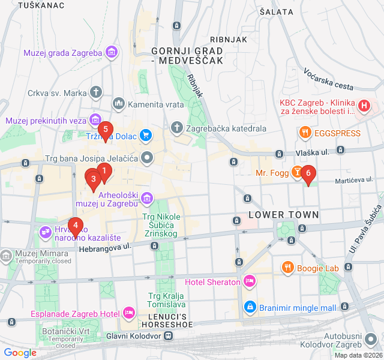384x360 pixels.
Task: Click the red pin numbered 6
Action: pos(308,174)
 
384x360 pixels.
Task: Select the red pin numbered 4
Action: pos(75,226)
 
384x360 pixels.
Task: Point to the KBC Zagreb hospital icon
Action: pos(364,107)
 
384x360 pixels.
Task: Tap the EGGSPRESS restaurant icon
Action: pos(305,133)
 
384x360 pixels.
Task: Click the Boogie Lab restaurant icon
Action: pos(288,267)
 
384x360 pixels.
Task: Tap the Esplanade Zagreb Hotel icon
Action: pos(128,313)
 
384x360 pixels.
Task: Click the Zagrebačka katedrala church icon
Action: pos(177,128)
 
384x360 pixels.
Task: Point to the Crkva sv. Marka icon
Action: pos(97,92)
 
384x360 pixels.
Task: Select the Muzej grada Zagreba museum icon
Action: pos(111,53)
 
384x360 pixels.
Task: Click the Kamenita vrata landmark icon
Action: pos(118,104)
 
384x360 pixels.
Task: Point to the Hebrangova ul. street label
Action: pos(104,246)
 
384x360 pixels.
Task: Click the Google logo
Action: pos(20,353)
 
